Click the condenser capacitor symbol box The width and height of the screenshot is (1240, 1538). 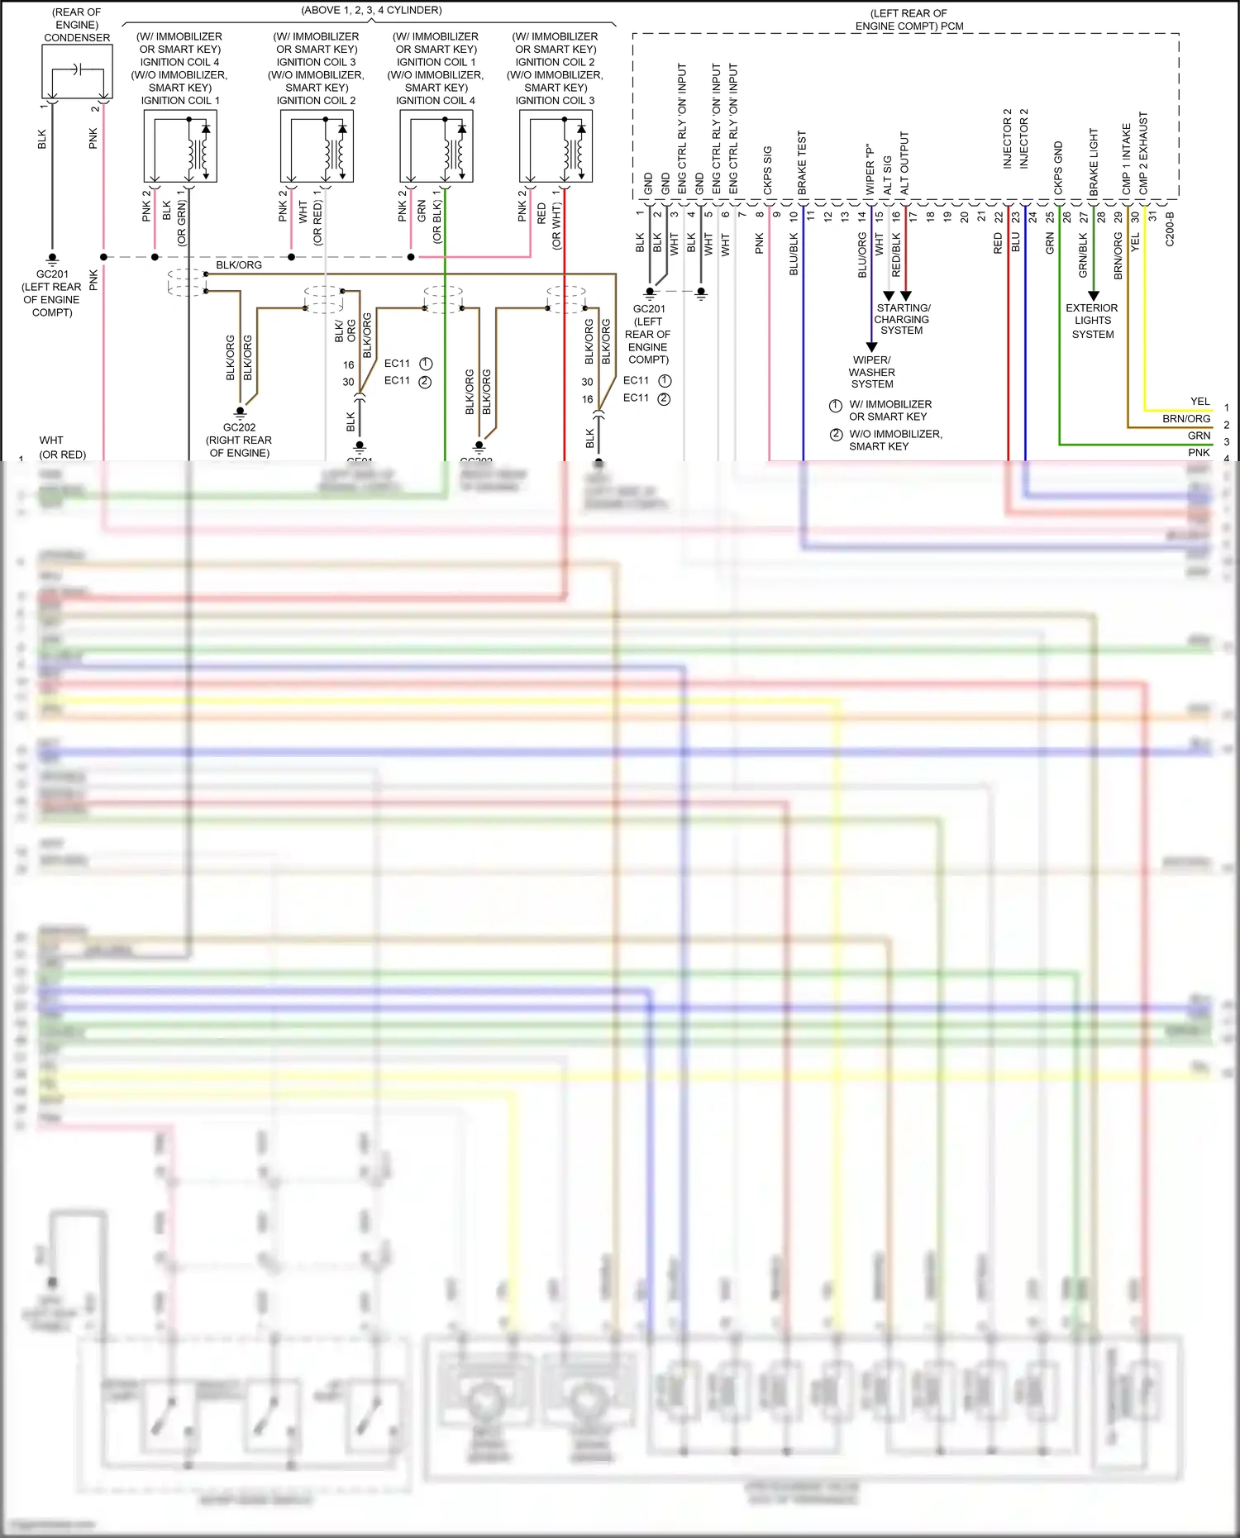point(77,72)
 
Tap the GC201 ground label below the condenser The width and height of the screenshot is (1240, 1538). point(52,293)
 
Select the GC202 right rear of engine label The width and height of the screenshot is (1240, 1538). point(239,440)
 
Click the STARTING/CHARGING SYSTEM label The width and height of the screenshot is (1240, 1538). point(902,319)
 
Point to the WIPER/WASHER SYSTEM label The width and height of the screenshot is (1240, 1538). point(872,372)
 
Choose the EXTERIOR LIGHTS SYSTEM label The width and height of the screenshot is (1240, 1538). point(1092,321)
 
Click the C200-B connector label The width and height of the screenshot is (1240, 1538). point(1170,229)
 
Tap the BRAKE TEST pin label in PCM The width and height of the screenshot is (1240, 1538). point(802,163)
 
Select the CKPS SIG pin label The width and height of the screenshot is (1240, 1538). point(768,170)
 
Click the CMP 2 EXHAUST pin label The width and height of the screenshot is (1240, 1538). point(1143,154)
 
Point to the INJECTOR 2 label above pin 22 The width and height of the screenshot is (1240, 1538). point(1008,139)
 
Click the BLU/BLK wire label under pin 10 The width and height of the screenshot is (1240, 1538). point(794,254)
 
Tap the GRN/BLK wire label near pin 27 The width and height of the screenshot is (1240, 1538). point(1083,255)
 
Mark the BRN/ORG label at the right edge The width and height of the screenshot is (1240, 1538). point(1185,419)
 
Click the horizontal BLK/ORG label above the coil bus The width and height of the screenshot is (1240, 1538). point(239,265)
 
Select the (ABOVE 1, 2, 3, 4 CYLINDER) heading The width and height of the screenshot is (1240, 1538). point(371,10)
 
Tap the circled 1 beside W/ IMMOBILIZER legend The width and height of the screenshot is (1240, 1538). point(836,405)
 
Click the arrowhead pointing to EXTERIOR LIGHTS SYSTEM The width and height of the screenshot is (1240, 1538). point(1093,295)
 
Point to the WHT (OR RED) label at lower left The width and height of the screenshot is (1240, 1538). point(62,447)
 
